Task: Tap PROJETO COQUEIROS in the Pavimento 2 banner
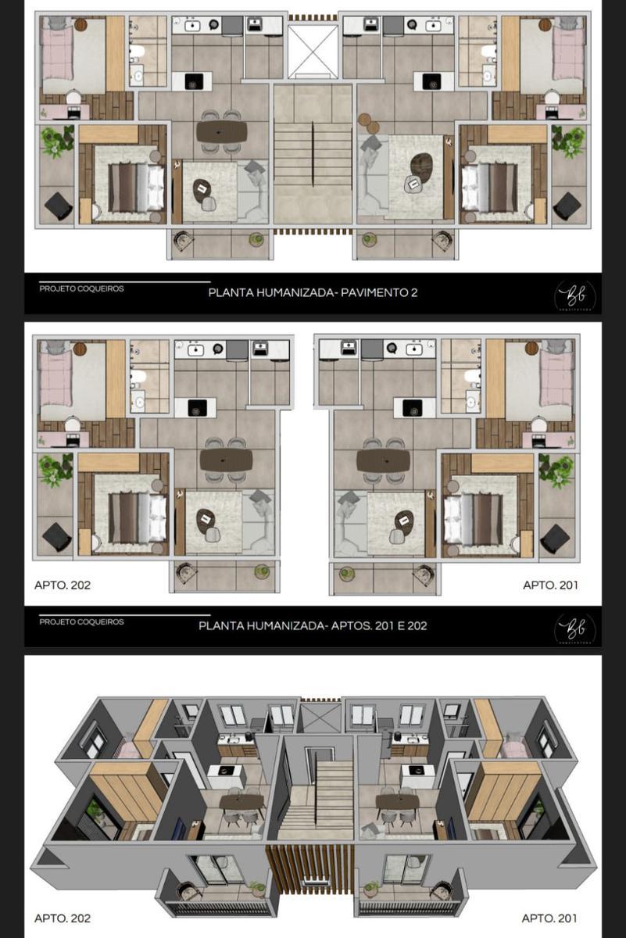tap(81, 288)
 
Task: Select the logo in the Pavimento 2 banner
tap(574, 295)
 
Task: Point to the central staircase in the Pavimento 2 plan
tap(312, 156)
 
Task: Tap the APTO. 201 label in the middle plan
tap(550, 584)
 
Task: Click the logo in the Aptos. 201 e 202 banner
tap(574, 628)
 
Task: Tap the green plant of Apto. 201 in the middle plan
tap(556, 471)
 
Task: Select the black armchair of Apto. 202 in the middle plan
tap(57, 536)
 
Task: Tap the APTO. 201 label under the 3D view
tap(550, 918)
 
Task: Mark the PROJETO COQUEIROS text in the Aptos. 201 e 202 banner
tap(81, 622)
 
